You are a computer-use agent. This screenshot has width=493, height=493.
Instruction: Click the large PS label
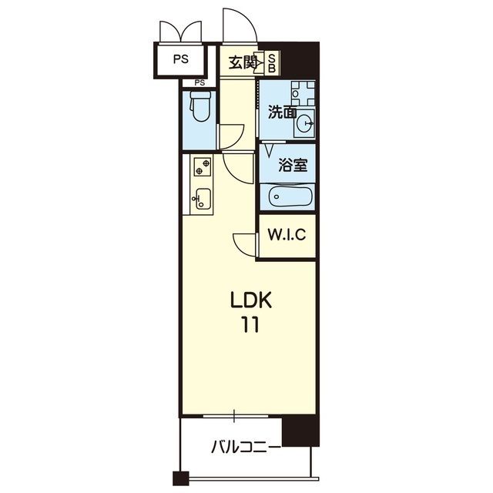tap(181, 59)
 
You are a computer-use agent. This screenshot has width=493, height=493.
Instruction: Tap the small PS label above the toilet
tap(200, 83)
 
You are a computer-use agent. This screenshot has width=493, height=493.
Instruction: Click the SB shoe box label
tap(272, 63)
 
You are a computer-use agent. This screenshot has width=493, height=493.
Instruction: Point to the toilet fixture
tap(200, 106)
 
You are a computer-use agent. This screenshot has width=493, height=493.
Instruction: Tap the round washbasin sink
tap(305, 123)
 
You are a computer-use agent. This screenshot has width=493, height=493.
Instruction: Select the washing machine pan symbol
tap(303, 93)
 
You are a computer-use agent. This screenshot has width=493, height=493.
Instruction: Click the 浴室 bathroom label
tap(293, 165)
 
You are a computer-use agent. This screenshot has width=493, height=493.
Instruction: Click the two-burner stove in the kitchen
tap(203, 166)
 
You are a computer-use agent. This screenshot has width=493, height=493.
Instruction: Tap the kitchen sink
tap(202, 199)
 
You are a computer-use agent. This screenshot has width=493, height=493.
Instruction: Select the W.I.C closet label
tap(287, 234)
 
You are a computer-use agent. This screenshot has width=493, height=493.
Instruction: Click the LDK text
tap(251, 300)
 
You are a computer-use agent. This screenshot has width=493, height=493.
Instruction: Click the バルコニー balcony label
tap(246, 447)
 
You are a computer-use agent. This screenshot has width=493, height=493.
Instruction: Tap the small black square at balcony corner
tap(181, 478)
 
